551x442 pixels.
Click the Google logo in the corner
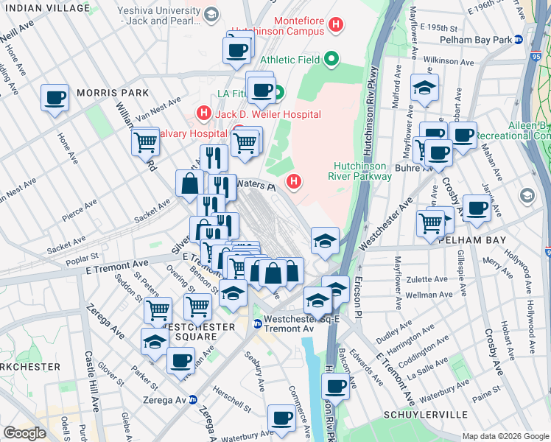point(24,433)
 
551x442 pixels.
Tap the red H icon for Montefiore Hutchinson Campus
point(336,26)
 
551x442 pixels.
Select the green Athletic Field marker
point(332,60)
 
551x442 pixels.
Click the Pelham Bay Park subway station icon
point(519,39)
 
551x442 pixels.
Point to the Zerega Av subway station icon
point(193,399)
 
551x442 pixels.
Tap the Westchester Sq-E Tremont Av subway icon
point(257,323)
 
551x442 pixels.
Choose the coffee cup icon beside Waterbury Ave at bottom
point(281,418)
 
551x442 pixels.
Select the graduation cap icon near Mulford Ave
point(424,88)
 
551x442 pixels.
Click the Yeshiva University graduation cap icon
point(211,15)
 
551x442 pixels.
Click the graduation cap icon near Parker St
point(155,341)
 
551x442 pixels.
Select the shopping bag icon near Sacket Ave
point(189,183)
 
